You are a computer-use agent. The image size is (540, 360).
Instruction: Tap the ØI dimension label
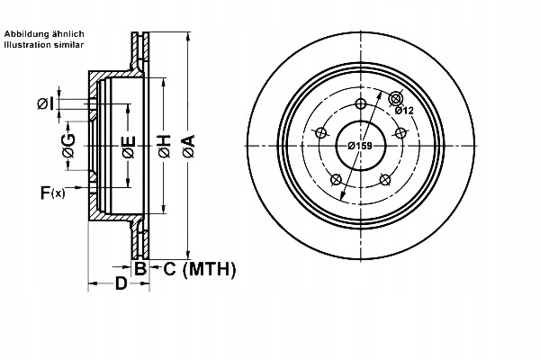[46, 105]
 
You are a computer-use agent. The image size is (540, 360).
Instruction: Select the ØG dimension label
[69, 143]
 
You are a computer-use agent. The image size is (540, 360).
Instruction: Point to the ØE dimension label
[129, 145]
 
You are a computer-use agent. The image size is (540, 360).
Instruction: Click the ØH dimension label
[165, 145]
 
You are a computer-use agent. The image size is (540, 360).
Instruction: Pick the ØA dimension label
[188, 145]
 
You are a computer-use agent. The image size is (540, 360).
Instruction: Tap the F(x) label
[52, 191]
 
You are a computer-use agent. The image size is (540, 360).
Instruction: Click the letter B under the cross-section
[139, 268]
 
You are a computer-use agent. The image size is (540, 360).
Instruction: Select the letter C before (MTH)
[169, 268]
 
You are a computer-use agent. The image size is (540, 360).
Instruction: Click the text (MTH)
[209, 268]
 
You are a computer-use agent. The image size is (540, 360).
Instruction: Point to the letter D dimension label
[120, 285]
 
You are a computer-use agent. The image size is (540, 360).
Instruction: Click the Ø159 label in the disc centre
[361, 145]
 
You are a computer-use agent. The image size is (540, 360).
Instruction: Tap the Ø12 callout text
[403, 111]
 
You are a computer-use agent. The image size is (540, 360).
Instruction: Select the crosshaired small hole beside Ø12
[395, 98]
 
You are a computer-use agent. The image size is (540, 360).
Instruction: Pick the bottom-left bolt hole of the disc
[337, 178]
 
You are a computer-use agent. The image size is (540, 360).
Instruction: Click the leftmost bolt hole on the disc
[321, 133]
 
